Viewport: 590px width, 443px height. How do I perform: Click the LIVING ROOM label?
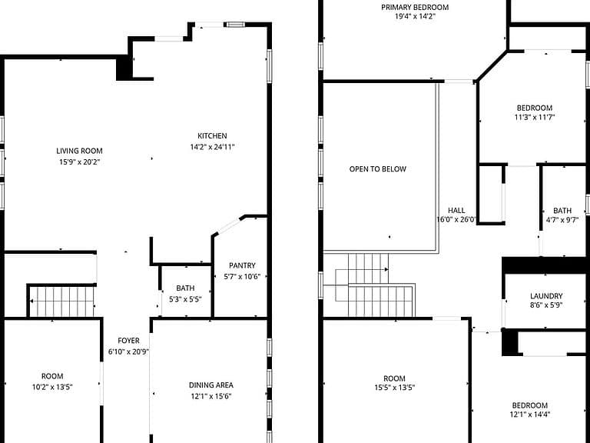79,151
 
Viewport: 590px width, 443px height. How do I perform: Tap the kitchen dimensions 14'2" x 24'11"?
212,147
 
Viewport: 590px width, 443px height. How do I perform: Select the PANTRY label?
242,265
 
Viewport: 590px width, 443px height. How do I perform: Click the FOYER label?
129,341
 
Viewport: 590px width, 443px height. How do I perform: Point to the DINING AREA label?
211,385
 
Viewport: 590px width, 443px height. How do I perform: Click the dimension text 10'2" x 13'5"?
52,387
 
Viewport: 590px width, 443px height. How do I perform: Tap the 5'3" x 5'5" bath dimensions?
185,299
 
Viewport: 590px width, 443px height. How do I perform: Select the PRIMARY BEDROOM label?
415,7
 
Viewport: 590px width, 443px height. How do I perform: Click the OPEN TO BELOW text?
378,169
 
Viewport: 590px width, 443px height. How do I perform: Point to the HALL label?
456,211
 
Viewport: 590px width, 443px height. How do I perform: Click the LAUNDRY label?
546,296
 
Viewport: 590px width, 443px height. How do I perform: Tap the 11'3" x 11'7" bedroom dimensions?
535,117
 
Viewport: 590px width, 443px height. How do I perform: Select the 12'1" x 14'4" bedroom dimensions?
530,415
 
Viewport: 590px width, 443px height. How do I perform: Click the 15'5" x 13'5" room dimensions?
395,388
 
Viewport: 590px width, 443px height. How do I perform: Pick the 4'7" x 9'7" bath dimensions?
562,220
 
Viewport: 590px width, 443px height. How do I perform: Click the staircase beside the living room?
62,301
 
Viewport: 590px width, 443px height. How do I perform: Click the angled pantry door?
228,226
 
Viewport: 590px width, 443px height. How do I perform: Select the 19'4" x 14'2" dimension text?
415,17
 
